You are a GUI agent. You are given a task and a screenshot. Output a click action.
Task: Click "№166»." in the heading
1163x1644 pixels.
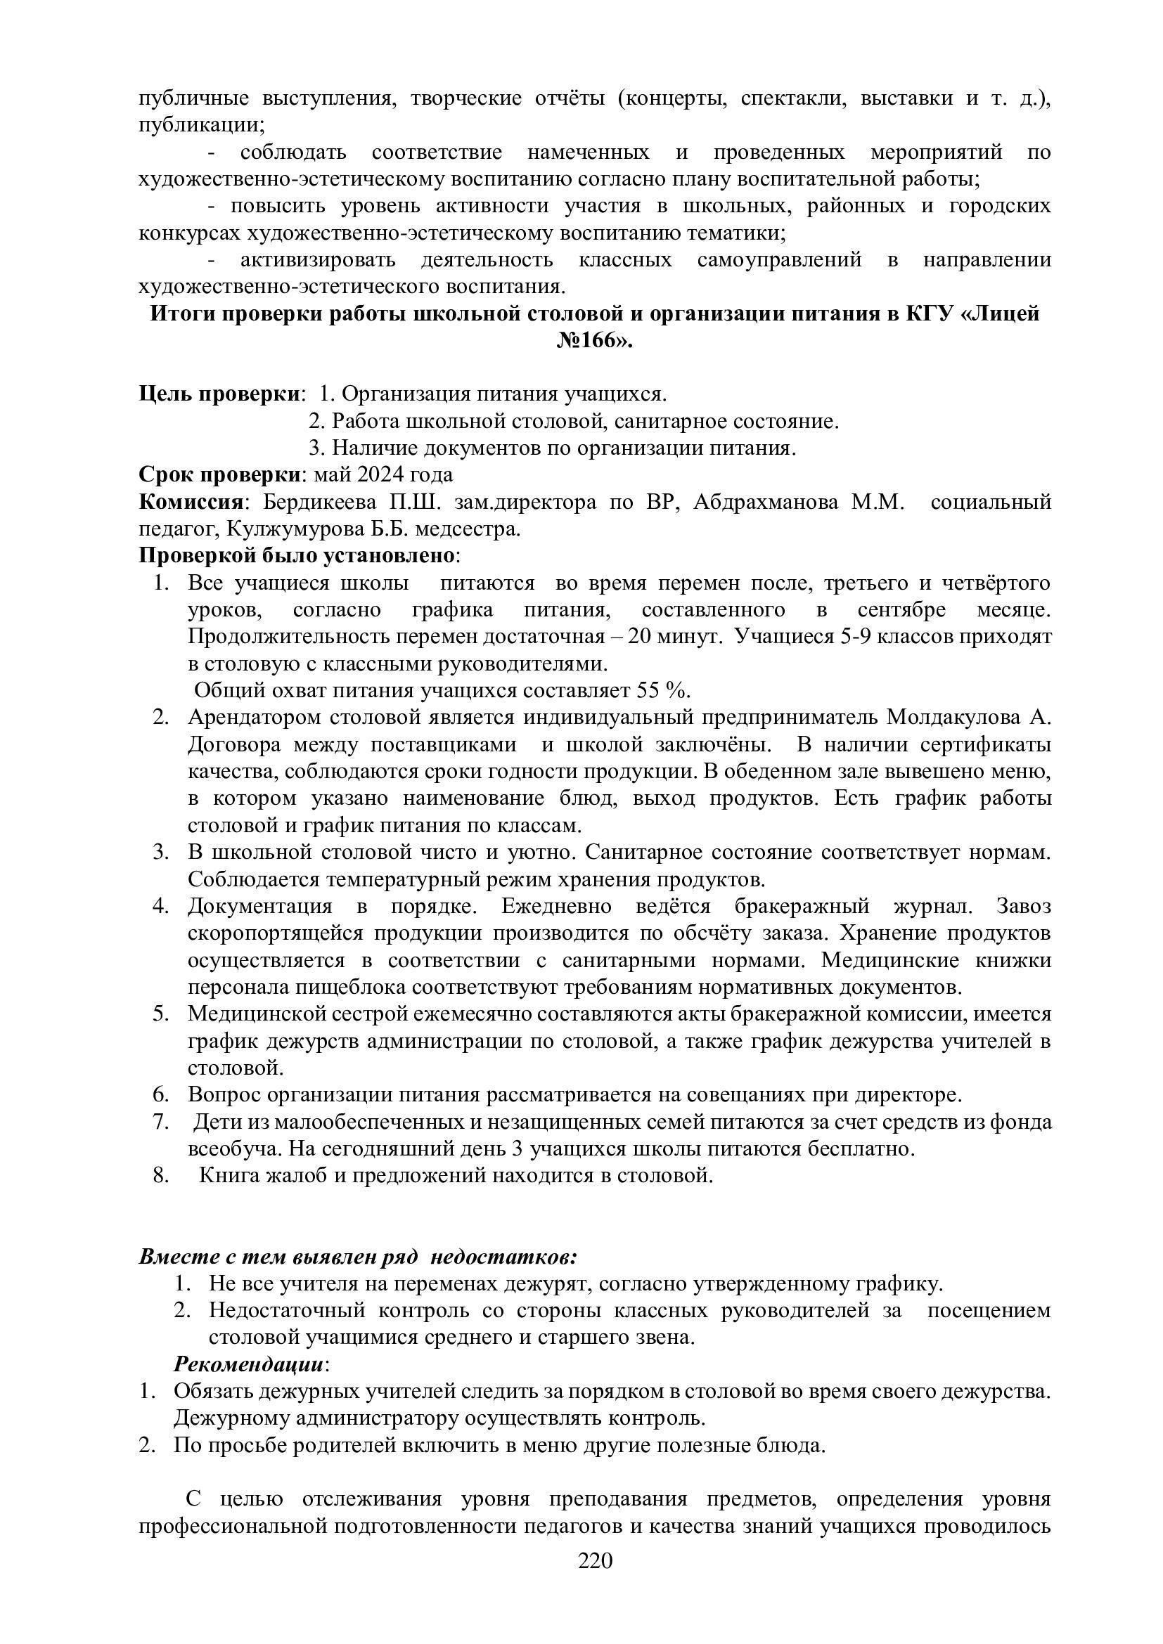(594, 341)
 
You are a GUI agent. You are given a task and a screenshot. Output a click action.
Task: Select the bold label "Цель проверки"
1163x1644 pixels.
(219, 394)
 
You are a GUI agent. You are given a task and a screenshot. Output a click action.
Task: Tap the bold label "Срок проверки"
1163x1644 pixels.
(219, 475)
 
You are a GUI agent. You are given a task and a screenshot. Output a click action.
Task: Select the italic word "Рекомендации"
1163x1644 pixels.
(249, 1364)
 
